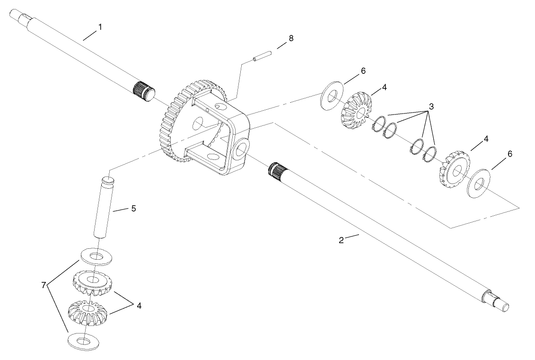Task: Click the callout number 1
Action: tap(99, 27)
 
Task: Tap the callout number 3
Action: tap(430, 107)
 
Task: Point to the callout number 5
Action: tap(134, 208)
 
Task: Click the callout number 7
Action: tap(44, 285)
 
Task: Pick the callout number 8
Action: tap(291, 38)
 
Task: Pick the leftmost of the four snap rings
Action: tap(379, 126)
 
